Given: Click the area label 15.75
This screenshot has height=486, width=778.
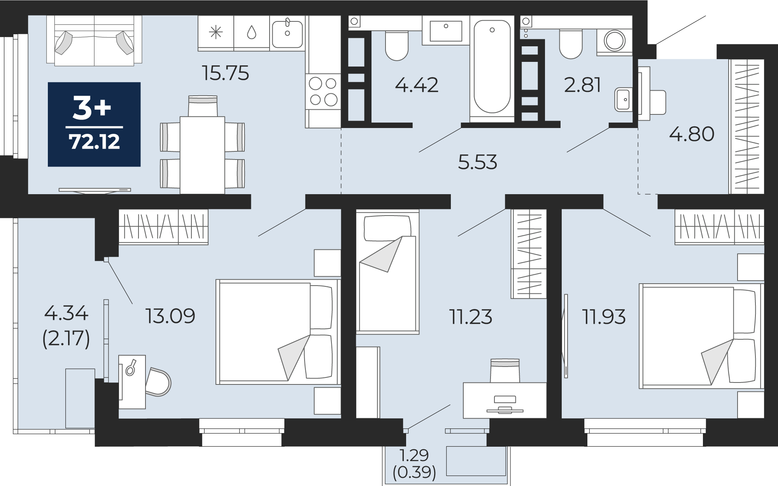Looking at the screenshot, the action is coord(226,73).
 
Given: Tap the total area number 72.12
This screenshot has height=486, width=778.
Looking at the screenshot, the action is coord(95,142).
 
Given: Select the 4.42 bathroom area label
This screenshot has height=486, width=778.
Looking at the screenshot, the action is coord(417,85).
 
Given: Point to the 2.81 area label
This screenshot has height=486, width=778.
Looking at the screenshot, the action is coord(582,85).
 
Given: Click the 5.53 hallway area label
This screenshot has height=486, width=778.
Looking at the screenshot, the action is coord(478,162).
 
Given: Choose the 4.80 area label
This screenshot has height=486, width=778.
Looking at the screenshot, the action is coord(692,134).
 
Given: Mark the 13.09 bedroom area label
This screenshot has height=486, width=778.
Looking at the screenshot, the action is coord(170,316).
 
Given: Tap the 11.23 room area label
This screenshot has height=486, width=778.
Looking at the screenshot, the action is coord(471,317).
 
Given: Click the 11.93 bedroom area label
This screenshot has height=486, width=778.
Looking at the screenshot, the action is coord(604,317).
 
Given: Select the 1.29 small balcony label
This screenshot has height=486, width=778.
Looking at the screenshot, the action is coord(414,455).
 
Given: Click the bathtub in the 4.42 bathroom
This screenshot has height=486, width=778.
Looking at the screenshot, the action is coord(492,67).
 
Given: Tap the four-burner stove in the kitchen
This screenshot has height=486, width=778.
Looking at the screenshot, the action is coord(323,91).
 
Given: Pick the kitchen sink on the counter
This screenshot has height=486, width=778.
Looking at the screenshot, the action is coord(287,34).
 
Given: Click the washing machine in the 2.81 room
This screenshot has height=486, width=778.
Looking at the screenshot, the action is coord(615,41).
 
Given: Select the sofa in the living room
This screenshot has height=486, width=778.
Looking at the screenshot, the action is coord(94,40).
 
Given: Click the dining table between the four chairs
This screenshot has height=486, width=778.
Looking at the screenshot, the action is coord(202,155).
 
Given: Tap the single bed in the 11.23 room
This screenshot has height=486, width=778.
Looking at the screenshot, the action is coord(387,272).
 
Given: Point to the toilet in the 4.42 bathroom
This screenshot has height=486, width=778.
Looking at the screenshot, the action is coord(397,46).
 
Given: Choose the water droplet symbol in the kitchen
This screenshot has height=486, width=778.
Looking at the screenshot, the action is coord(252,32).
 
